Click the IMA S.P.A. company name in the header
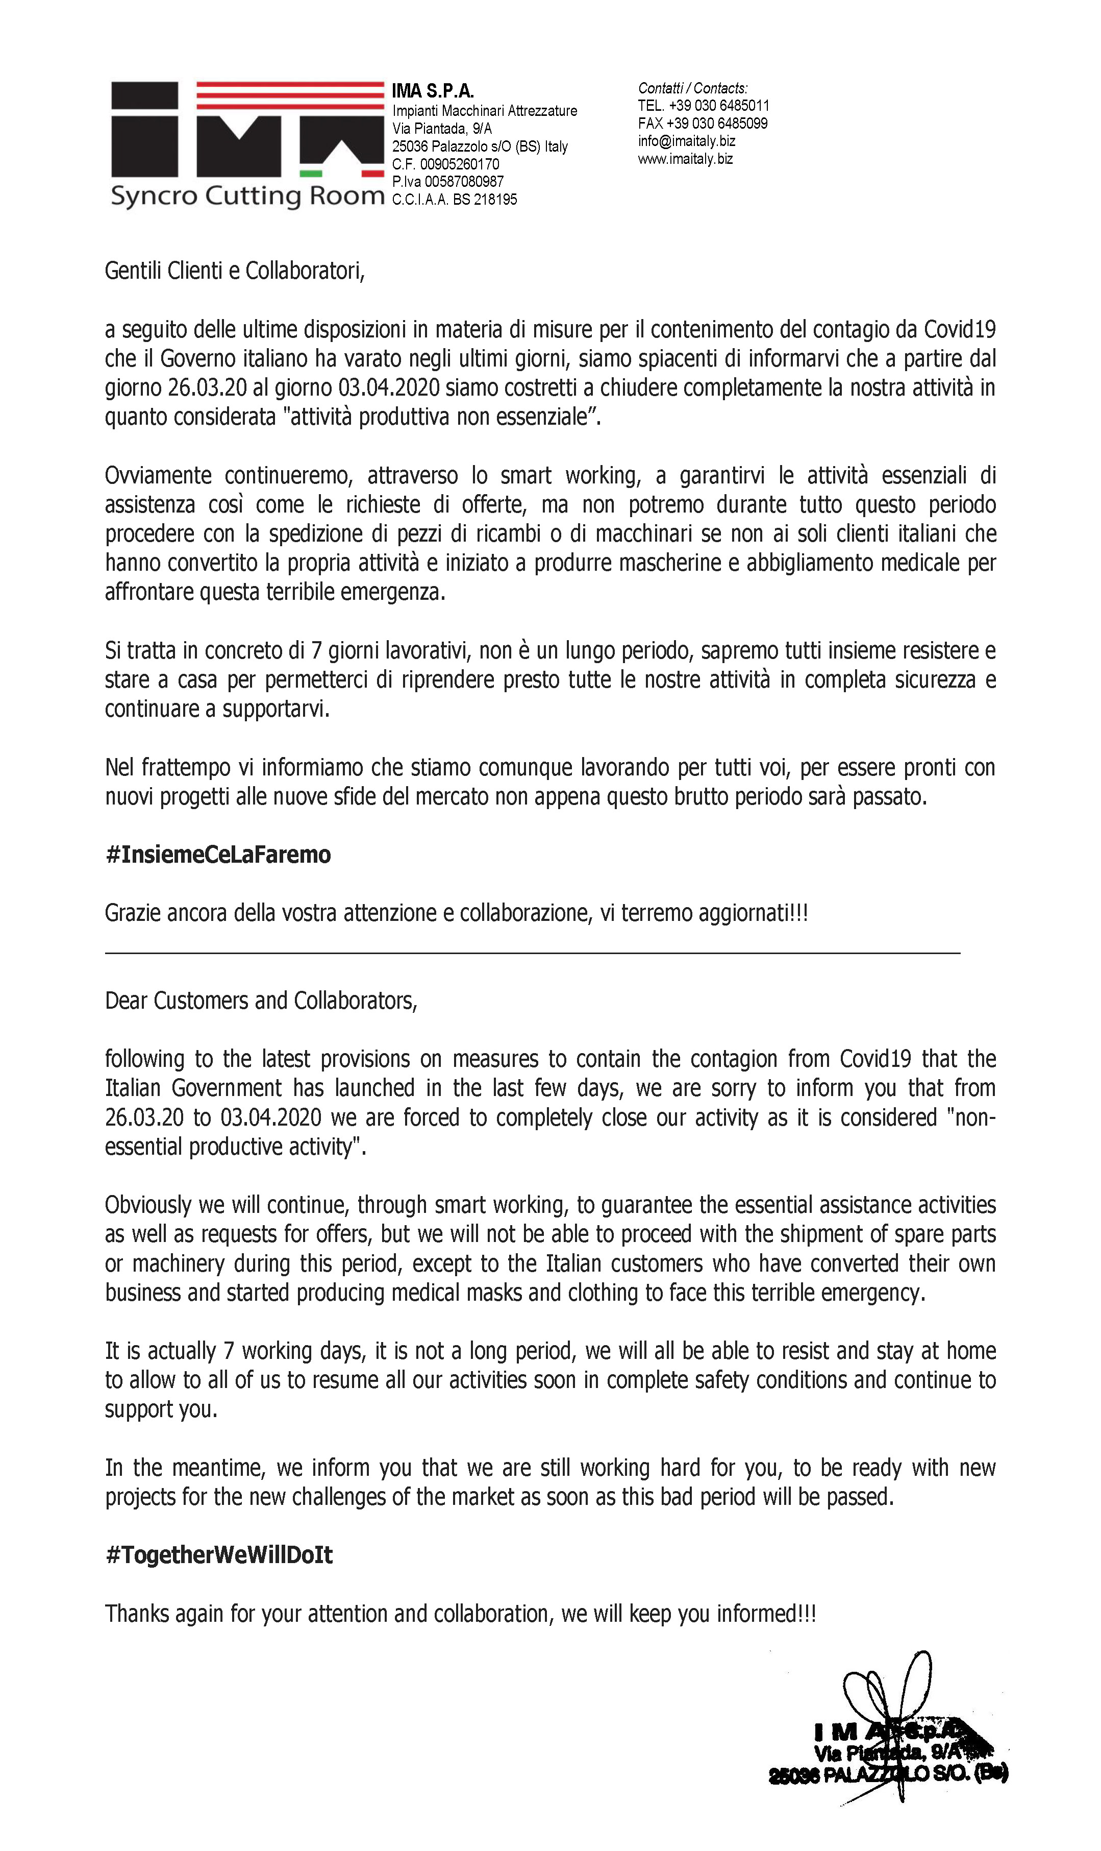(x=433, y=91)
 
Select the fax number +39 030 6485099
(x=717, y=123)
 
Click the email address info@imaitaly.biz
(x=686, y=141)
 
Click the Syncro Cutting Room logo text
(x=247, y=196)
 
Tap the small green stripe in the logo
(x=311, y=174)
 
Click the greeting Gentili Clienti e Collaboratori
(x=235, y=271)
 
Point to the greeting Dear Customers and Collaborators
(x=261, y=1001)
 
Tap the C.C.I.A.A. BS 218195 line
(x=454, y=200)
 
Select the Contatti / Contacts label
(x=692, y=88)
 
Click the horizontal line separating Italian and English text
(x=532, y=952)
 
